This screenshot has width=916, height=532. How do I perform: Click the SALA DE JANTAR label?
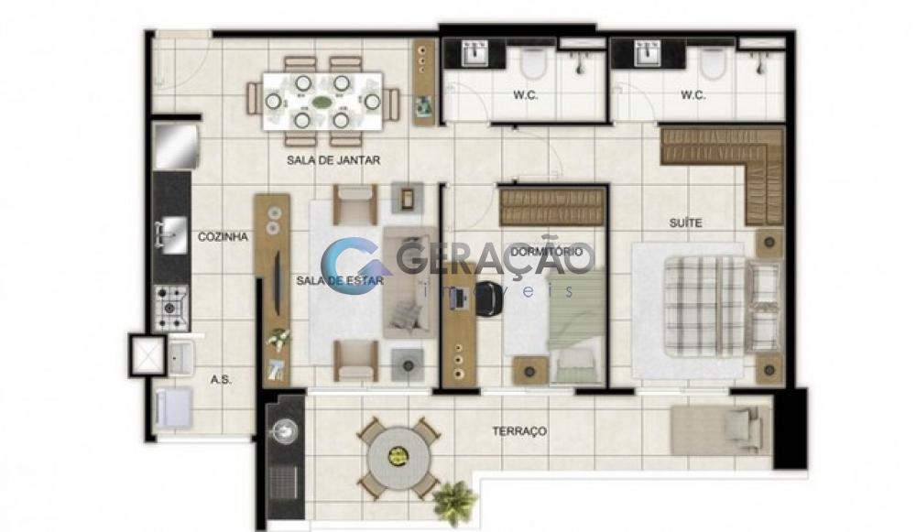click(x=332, y=160)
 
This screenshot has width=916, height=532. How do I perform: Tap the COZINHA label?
click(x=224, y=236)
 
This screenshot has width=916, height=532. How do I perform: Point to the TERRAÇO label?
click(x=519, y=430)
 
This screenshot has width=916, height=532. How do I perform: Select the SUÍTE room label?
click(x=684, y=223)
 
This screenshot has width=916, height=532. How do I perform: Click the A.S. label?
click(x=219, y=378)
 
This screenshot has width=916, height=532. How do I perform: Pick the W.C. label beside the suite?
click(x=692, y=95)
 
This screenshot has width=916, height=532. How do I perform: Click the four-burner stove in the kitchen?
click(x=171, y=307)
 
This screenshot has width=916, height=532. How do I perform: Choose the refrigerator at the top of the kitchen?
click(x=175, y=147)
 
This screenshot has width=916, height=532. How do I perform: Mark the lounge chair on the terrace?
click(x=715, y=429)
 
